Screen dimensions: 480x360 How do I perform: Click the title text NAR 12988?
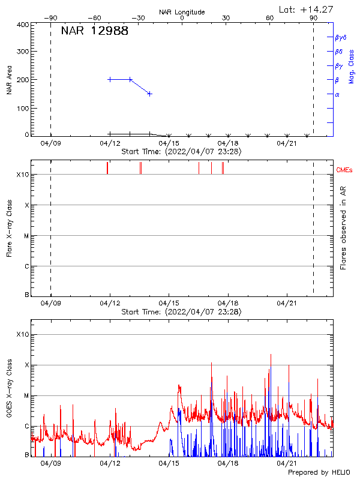pyautogui.click(x=94, y=31)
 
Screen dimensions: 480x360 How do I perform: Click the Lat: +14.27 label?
pyautogui.click(x=307, y=9)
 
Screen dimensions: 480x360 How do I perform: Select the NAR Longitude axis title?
pyautogui.click(x=182, y=12)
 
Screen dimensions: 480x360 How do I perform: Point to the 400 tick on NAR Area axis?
pyautogui.click(x=23, y=25)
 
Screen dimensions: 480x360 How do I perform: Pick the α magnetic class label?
pyautogui.click(x=337, y=94)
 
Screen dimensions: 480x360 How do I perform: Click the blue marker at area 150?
pyautogui.click(x=149, y=94)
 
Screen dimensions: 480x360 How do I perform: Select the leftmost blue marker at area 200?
pyautogui.click(x=110, y=79)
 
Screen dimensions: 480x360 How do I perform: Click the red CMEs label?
pyautogui.click(x=344, y=170)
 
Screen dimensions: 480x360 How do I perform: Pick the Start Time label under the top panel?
pyautogui.click(x=181, y=152)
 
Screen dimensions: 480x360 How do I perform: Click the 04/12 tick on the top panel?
pyautogui.click(x=110, y=143)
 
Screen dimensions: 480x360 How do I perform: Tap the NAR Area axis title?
pyautogui.click(x=9, y=80)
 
